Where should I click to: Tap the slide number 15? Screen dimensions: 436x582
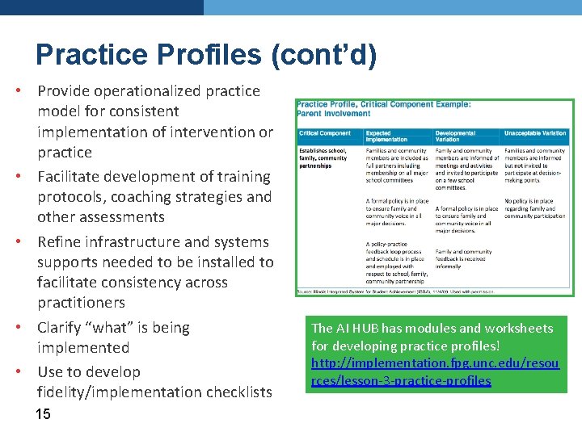coord(43,414)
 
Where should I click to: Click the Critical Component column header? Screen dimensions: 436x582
coord(325,133)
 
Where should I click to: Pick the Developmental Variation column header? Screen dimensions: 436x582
coord(458,136)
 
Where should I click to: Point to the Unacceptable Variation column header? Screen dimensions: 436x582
coord(535,133)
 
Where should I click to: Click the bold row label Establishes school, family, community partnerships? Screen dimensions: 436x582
coord(323,158)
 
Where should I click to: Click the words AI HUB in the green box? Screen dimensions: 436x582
coord(358,328)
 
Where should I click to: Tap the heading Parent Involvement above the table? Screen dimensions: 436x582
coord(334,114)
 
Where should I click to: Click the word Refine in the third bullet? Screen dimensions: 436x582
coord(58,241)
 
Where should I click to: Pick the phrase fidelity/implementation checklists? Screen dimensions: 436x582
coord(154,392)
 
